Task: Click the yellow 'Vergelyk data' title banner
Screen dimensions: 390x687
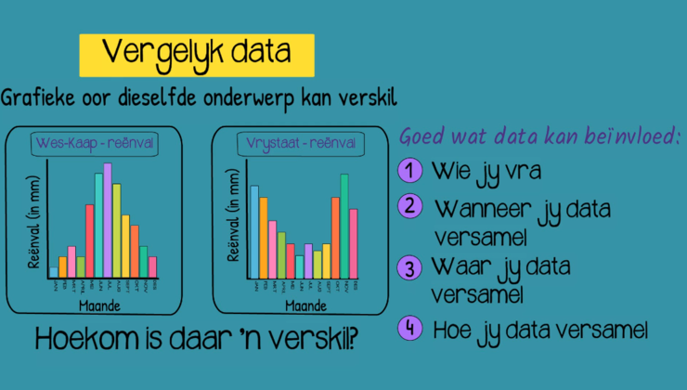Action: [x=197, y=55]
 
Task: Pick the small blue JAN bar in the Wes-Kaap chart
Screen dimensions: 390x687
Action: [x=53, y=272]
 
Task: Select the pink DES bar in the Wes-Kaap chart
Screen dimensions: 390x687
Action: [x=153, y=267]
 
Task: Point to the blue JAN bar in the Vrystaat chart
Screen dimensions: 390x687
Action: [x=254, y=232]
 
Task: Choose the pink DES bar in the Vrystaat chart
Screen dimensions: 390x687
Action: [x=354, y=243]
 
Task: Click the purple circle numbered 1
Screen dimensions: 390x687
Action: [x=409, y=172]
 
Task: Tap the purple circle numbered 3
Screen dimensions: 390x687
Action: [x=409, y=268]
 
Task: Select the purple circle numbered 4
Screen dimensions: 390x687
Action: [x=409, y=328]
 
